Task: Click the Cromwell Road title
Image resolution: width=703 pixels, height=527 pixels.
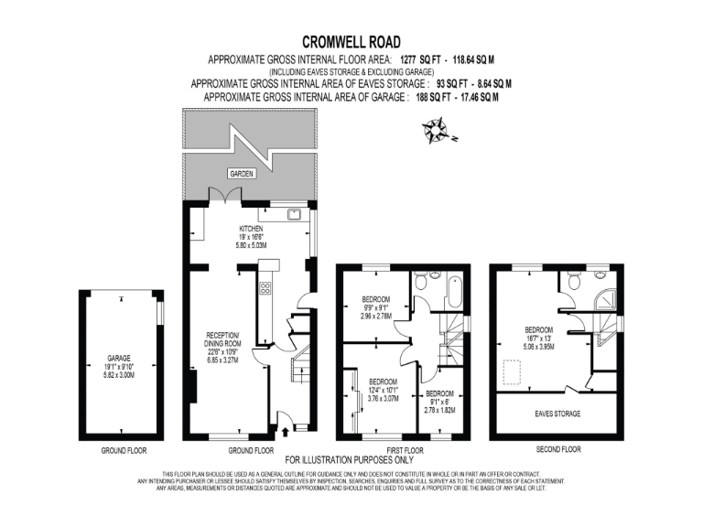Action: pyautogui.click(x=351, y=41)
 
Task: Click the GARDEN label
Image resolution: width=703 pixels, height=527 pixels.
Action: pyautogui.click(x=241, y=173)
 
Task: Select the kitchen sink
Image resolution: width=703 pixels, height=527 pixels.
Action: pyautogui.click(x=295, y=214)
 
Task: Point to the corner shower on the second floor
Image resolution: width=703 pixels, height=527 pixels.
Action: pyautogui.click(x=605, y=302)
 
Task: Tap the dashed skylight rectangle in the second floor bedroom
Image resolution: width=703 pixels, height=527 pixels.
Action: pyautogui.click(x=514, y=371)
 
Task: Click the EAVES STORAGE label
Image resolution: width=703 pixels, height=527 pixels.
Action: pyautogui.click(x=557, y=414)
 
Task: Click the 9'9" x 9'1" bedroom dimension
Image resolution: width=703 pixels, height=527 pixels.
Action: pyautogui.click(x=376, y=308)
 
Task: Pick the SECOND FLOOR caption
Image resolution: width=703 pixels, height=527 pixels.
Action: pyautogui.click(x=557, y=449)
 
